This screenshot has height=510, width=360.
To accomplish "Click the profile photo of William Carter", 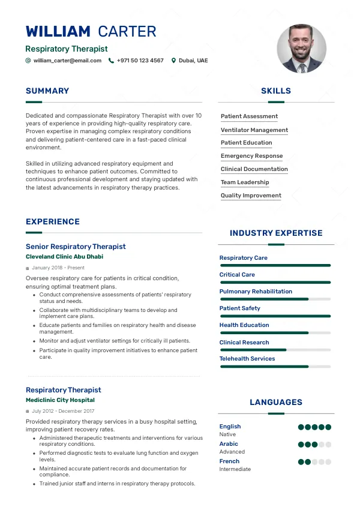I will [x=302, y=49].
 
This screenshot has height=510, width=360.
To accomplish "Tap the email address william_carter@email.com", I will [x=67, y=61].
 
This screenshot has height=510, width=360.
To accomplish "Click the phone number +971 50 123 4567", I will [x=140, y=61].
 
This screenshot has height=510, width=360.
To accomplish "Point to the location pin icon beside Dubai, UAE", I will [x=174, y=61].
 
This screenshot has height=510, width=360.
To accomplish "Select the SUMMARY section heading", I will [x=47, y=91].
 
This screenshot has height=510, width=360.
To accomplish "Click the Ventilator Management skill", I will [x=254, y=130].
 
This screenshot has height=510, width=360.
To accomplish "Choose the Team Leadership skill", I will [x=245, y=182].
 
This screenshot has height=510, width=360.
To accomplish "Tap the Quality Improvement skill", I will [x=251, y=196].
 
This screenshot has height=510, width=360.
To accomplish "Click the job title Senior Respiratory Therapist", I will [x=76, y=247].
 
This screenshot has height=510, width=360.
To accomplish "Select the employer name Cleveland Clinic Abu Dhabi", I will [x=64, y=257].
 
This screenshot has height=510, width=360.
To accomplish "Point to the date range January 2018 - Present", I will [x=58, y=268].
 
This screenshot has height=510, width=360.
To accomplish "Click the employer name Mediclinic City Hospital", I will [x=60, y=400].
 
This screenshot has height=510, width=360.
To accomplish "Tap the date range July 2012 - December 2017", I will [x=63, y=411].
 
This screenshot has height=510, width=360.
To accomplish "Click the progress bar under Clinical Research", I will [x=275, y=349].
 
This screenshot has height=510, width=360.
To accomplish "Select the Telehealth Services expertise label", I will [x=247, y=359].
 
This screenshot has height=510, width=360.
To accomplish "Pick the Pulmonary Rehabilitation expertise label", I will [x=256, y=292].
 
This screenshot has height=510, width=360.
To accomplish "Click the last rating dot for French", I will [x=328, y=462].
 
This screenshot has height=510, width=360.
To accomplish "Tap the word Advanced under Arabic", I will [x=232, y=452].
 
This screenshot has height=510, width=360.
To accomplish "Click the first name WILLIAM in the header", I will [x=58, y=32].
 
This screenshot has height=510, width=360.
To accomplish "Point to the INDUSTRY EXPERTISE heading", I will [x=276, y=233].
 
